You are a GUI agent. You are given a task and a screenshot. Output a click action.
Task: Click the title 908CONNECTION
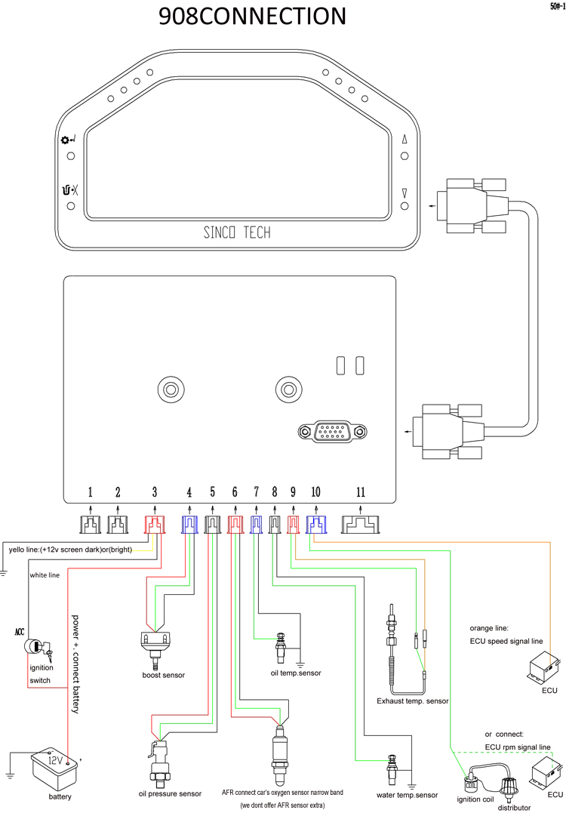(252, 16)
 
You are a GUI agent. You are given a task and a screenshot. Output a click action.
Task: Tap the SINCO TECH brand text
(237, 233)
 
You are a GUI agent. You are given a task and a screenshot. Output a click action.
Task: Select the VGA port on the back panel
(333, 431)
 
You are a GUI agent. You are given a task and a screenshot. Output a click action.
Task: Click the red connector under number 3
(155, 525)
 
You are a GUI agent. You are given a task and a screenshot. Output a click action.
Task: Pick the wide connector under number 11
(361, 524)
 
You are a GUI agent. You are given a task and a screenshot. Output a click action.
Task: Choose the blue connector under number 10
(315, 525)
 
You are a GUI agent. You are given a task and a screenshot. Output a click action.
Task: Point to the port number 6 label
(235, 492)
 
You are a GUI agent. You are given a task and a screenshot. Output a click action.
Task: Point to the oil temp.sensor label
(295, 673)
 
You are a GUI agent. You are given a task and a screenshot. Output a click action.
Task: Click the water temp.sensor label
(407, 795)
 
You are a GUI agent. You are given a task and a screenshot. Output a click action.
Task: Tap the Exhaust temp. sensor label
(413, 701)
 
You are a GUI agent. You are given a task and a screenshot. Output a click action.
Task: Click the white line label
(45, 575)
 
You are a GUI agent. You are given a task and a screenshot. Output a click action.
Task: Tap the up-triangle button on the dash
(405, 140)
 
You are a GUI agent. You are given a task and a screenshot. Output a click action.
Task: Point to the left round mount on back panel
(171, 389)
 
